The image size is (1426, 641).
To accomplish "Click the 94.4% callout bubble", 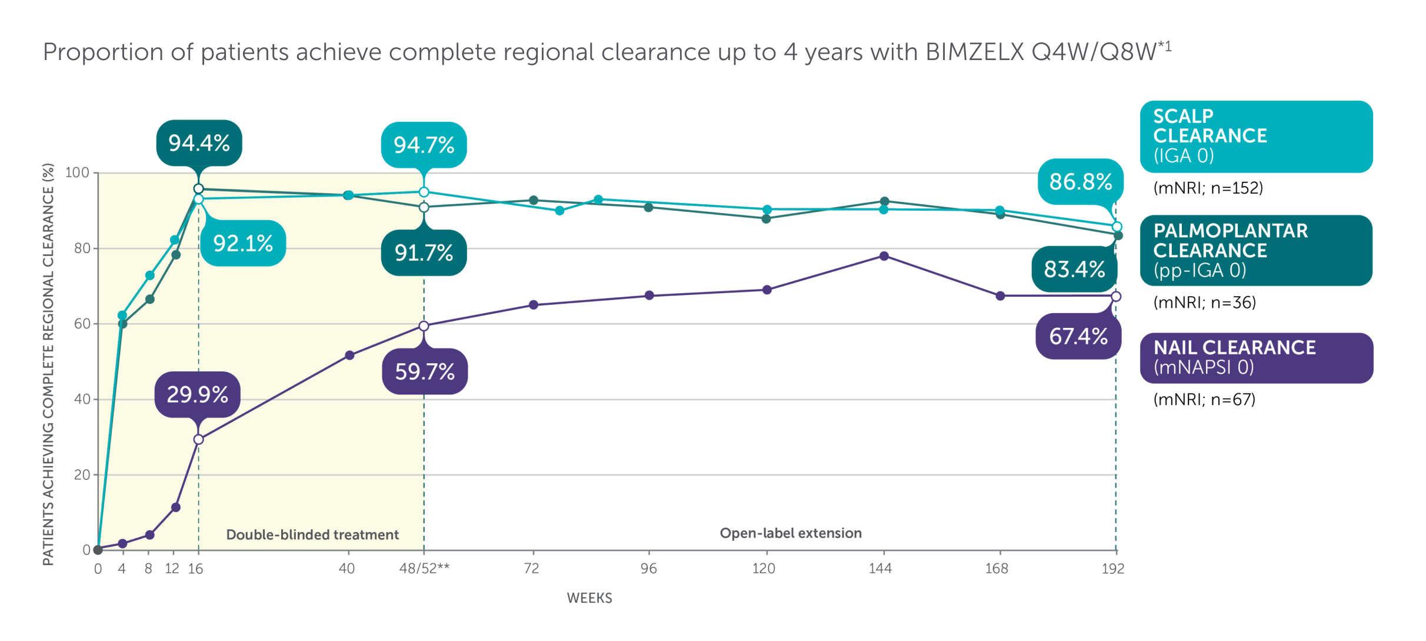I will [x=199, y=143].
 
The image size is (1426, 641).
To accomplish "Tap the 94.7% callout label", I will [x=424, y=145].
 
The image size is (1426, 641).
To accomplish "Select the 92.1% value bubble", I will [x=243, y=243].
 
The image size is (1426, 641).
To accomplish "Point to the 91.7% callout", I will [x=424, y=253].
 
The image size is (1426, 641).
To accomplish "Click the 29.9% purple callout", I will [x=198, y=394].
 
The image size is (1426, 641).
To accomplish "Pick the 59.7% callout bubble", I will [x=425, y=371].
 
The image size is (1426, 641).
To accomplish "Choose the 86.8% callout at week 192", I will [x=1080, y=181].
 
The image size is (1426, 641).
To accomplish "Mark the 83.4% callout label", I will [x=1074, y=269].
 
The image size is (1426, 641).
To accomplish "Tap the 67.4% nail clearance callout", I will [x=1078, y=336].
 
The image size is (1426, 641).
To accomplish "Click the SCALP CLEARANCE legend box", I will [x=1256, y=137].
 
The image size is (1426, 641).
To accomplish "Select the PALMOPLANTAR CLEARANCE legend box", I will [x=1256, y=251].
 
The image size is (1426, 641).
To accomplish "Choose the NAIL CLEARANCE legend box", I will [x=1256, y=358].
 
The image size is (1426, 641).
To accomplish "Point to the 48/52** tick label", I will [x=424, y=569].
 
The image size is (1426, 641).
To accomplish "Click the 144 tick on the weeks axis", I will [x=880, y=569].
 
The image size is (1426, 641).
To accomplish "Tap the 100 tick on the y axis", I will [x=77, y=173].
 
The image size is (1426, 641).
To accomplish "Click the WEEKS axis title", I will [x=589, y=598].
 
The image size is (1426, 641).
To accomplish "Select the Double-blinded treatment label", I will [x=312, y=534].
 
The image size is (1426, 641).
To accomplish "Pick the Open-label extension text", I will [x=791, y=533].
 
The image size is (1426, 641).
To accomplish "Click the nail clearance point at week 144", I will [x=884, y=256].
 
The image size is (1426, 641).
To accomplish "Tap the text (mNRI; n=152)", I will [x=1208, y=188].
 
